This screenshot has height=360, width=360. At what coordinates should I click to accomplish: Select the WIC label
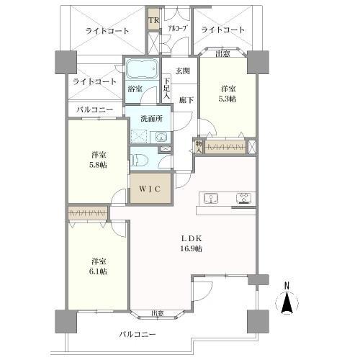[x=150, y=189]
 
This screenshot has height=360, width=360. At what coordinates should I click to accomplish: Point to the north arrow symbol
[x=287, y=302]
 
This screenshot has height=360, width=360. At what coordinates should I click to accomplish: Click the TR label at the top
[x=153, y=20]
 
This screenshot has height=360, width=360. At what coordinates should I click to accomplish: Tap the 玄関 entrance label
[x=182, y=71]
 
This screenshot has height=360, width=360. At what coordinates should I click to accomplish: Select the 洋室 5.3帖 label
[x=226, y=94]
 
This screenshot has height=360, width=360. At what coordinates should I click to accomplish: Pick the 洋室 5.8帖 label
[x=99, y=160]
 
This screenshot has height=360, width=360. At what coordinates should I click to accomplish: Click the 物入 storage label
[x=199, y=145]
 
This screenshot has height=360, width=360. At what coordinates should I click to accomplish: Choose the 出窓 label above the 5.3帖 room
[x=223, y=53]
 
